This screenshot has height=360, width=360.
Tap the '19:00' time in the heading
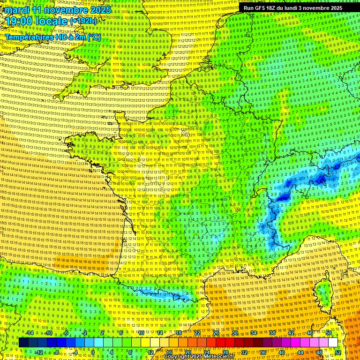coord(18,21)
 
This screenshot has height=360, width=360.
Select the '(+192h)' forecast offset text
coord(84,21)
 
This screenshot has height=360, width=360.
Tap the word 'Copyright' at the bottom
coord(178,357)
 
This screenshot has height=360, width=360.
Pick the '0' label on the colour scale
coord(93,352)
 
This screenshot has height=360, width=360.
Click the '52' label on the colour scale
coord(337,352)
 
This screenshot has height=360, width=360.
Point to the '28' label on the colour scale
coord(225,352)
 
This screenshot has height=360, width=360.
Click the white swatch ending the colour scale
coord(333,343)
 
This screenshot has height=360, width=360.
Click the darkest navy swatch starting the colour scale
coord(24,343)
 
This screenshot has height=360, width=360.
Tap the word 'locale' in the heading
coord(52,21)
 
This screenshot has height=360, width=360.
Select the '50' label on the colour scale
coord(329,333)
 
